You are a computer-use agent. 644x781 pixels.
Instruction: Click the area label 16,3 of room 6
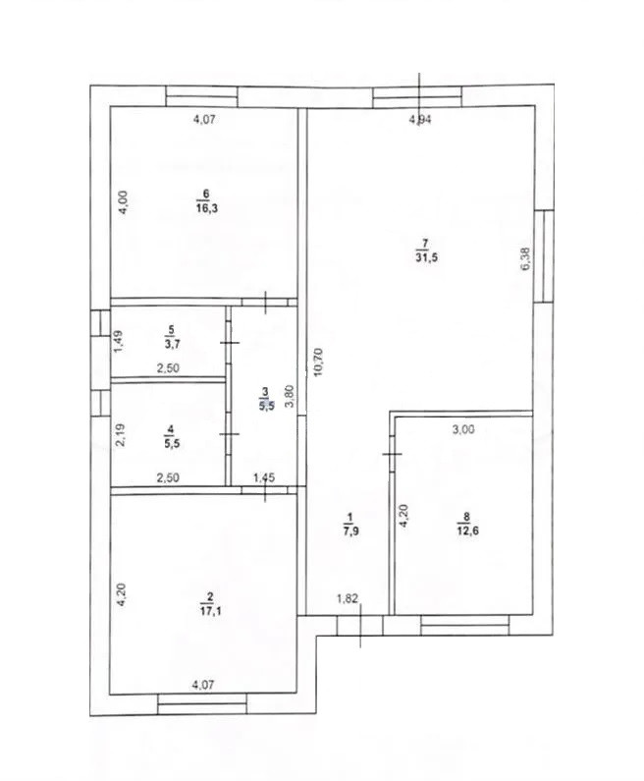[206, 208]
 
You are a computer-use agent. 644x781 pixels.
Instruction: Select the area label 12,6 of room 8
[468, 530]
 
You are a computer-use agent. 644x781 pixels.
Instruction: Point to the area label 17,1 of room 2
[210, 611]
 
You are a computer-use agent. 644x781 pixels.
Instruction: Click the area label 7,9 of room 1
[350, 530]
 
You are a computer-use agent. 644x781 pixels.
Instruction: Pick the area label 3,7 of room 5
[172, 344]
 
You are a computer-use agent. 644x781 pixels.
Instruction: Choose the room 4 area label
[172, 443]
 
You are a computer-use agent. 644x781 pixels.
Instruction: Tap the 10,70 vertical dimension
[318, 363]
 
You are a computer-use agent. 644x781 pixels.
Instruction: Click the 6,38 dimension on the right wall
[526, 259]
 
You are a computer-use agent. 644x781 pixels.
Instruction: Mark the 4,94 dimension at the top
[419, 120]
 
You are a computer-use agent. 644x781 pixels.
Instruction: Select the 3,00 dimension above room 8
[463, 429]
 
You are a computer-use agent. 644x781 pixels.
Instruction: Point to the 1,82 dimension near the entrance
[348, 598]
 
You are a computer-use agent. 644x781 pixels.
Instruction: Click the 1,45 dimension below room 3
[264, 478]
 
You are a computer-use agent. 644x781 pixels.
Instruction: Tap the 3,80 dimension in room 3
[291, 397]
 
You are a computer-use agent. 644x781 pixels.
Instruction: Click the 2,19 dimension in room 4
[120, 435]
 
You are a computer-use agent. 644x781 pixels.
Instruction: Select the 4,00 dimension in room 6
[123, 202]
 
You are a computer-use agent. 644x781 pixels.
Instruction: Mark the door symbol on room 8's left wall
[392, 454]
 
